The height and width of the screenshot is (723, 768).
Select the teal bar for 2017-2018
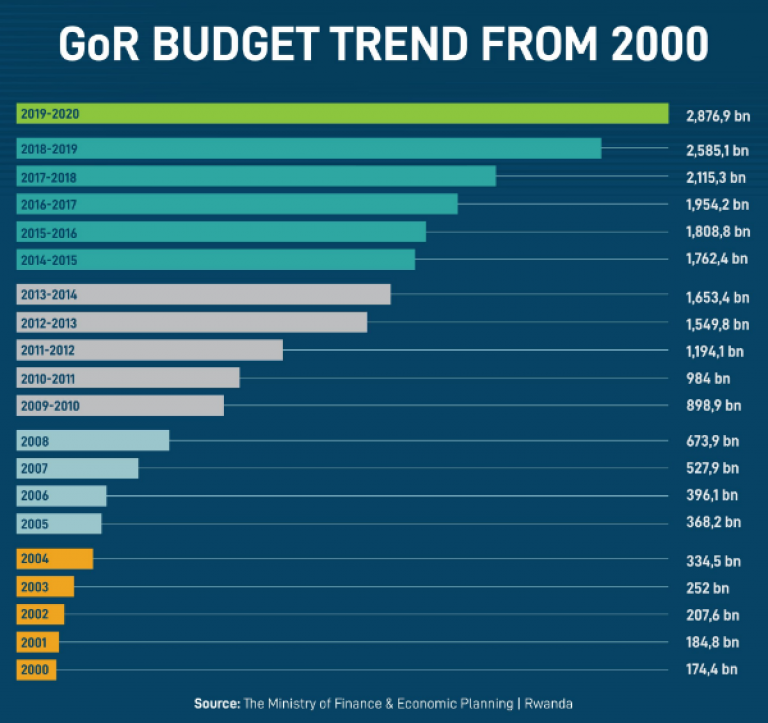click(x=256, y=176)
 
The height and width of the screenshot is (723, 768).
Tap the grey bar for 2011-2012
click(x=150, y=350)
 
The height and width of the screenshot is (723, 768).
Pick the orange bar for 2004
click(x=55, y=558)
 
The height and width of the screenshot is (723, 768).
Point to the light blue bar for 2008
click(x=93, y=440)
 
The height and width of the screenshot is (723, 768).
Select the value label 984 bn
click(x=708, y=379)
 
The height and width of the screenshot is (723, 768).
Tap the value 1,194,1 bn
click(x=716, y=352)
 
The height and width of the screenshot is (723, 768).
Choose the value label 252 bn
click(x=707, y=587)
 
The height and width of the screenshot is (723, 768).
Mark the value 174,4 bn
click(x=714, y=668)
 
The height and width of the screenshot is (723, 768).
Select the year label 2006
click(x=34, y=496)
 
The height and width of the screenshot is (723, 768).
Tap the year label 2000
click(x=33, y=669)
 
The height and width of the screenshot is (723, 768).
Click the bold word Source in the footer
click(x=217, y=704)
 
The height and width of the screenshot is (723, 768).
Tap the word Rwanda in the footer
click(x=550, y=704)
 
